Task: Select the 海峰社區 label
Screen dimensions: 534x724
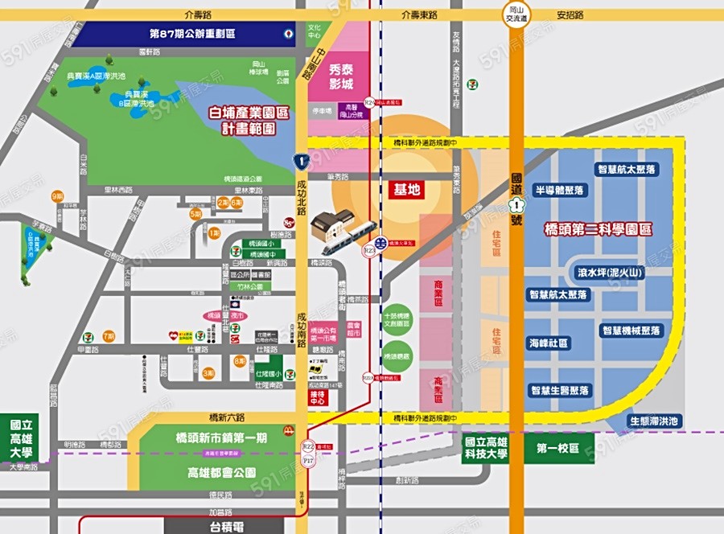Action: [x=549, y=343]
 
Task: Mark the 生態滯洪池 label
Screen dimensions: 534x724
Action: [x=654, y=421]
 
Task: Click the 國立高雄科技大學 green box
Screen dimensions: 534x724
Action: [x=486, y=448]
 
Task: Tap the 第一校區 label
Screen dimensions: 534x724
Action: [x=558, y=448]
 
